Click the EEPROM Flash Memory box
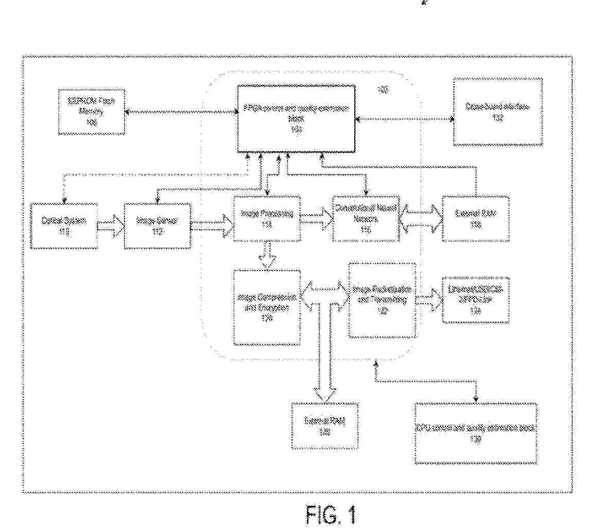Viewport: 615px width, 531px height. tap(92, 112)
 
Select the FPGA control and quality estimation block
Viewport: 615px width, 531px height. tap(296, 119)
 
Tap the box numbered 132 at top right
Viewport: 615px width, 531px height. tap(498, 112)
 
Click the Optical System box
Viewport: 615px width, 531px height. tap(64, 226)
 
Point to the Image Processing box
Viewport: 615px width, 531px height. tap(267, 219)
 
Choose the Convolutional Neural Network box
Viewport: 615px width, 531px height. tap(366, 218)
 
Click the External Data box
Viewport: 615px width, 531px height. tap(476, 218)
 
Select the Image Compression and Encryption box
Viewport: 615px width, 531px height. tap(267, 307)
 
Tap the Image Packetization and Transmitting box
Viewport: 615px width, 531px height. tap(382, 299)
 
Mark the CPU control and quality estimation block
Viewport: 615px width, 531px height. tap(476, 433)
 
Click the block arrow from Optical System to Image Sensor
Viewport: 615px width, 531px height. tap(111, 225)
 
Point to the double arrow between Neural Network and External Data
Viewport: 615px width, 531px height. tap(421, 217)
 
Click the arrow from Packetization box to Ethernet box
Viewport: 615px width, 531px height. tap(429, 300)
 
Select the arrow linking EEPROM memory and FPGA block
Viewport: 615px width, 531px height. tap(180, 112)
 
